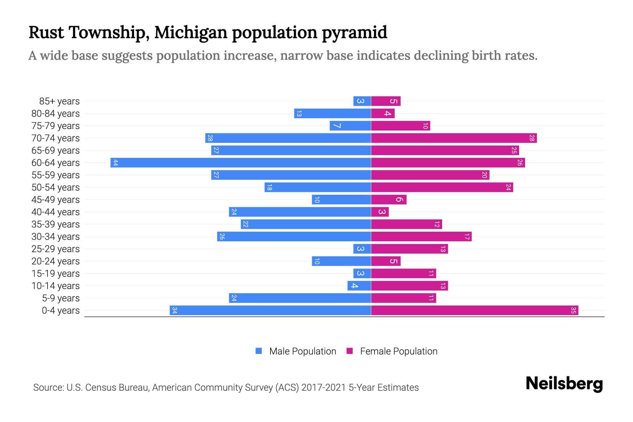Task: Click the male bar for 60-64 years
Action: (x=241, y=163)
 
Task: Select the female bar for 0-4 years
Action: (x=475, y=311)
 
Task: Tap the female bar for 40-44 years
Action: (x=380, y=212)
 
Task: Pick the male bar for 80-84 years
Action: (x=333, y=114)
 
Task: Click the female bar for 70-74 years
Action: (x=454, y=138)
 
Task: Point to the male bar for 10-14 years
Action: (x=359, y=286)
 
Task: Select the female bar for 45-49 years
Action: (x=389, y=200)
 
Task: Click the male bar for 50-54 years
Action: (x=318, y=187)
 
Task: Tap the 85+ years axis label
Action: (x=59, y=101)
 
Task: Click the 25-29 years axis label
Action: (x=56, y=249)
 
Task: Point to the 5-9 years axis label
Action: (x=61, y=298)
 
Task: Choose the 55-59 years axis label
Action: (x=56, y=175)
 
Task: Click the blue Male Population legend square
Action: (x=259, y=351)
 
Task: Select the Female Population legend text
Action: (x=398, y=351)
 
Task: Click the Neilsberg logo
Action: (x=564, y=384)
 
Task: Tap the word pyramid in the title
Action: (x=354, y=33)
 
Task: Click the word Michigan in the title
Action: (x=191, y=33)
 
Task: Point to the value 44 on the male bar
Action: (x=116, y=163)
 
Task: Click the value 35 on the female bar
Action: (x=573, y=311)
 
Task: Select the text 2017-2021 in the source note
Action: (x=324, y=388)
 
